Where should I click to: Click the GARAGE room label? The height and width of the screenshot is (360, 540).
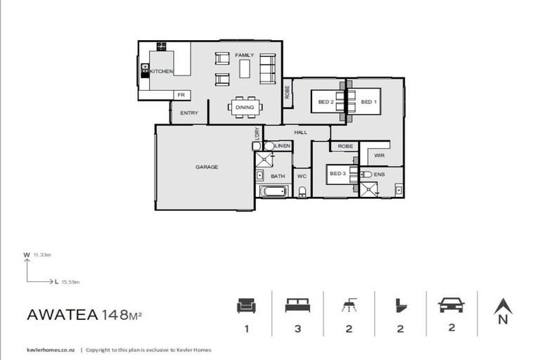[207, 167]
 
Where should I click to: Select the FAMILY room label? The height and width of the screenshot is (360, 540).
[244, 55]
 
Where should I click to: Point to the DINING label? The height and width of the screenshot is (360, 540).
[245, 108]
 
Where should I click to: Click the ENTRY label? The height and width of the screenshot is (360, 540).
[189, 113]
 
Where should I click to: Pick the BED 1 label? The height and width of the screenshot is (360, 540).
[368, 103]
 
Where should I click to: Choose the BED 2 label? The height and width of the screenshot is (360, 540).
[326, 103]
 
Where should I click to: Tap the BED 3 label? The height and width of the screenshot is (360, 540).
[337, 173]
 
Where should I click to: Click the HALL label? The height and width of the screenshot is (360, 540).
[301, 132]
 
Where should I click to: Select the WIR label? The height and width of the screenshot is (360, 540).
[379, 155]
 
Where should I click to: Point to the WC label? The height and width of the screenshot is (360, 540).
[302, 176]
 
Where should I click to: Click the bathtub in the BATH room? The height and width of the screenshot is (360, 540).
[274, 191]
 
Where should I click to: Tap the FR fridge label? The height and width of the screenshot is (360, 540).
[181, 95]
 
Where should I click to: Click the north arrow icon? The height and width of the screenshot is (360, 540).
[502, 307]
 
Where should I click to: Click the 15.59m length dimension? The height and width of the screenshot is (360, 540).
[70, 282]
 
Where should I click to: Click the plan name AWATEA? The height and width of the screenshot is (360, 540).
[63, 314]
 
